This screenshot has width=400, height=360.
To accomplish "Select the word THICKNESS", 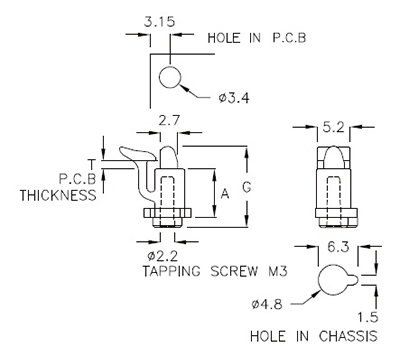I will coord(59,196).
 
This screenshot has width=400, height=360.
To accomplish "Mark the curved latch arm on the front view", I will coord(135,160).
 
